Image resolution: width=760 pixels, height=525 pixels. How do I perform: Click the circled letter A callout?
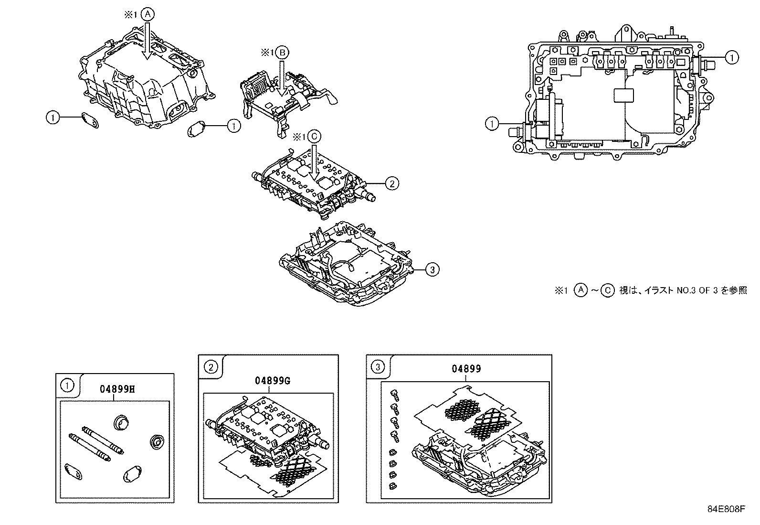pos(148,15)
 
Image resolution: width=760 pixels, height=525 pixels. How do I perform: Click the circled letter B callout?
pos(282,53)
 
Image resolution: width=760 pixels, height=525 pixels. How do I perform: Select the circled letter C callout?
pos(314,136)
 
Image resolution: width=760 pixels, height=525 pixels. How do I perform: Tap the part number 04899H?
pos(117,388)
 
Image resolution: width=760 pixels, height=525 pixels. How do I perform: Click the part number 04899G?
pos(273,380)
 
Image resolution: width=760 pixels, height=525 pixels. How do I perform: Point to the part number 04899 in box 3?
pos(466,368)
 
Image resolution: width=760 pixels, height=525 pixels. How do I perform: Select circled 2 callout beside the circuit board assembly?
pos(391,183)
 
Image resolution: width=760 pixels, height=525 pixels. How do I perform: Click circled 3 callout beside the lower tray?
pos(432,270)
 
